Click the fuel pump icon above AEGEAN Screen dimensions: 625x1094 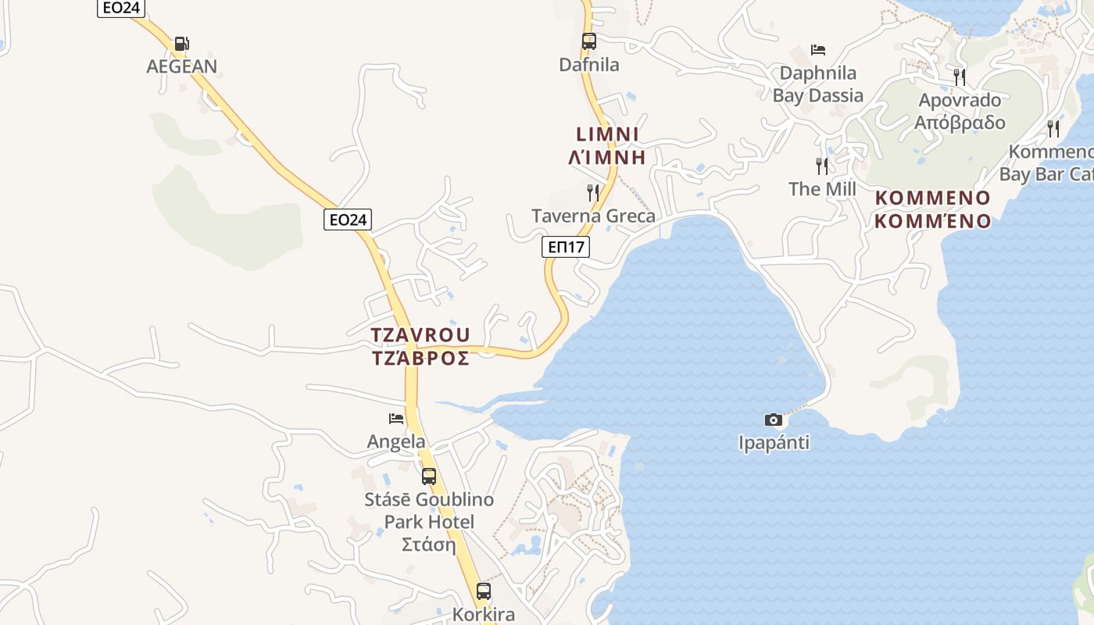[181, 44]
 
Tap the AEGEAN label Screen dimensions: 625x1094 [182, 66]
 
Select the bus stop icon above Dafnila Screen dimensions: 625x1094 [589, 41]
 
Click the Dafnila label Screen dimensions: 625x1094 [589, 65]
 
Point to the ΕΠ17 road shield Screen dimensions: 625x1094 [566, 248]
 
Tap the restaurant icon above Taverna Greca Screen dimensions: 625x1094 [593, 192]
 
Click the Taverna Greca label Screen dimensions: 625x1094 [593, 216]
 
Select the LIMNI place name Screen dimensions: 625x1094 [608, 134]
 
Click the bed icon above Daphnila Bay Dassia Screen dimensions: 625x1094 [818, 50]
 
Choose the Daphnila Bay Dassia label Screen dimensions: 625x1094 [818, 84]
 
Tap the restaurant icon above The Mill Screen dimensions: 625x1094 [822, 166]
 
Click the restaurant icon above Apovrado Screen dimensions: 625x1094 [960, 77]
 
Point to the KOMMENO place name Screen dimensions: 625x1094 [932, 198]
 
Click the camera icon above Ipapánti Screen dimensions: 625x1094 [773, 420]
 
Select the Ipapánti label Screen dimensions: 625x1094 [774, 443]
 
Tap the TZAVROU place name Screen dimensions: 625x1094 [420, 335]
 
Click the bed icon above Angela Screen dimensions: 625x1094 [396, 419]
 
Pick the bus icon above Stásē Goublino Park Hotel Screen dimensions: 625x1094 [429, 476]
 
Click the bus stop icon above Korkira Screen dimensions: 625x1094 [484, 591]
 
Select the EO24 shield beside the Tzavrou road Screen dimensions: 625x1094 [348, 220]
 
